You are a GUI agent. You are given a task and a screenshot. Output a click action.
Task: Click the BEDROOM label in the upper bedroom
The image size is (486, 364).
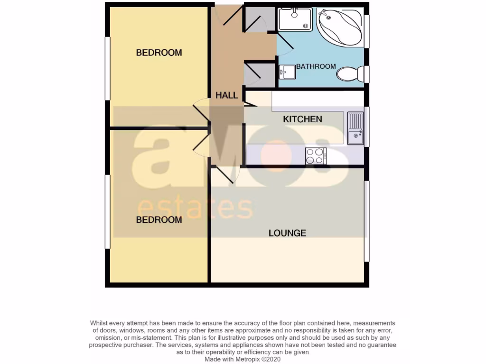(x=159, y=53)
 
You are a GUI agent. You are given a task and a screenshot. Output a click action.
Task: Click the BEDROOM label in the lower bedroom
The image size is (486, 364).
(x=159, y=220)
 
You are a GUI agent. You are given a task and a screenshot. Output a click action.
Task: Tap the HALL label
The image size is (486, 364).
(x=226, y=95)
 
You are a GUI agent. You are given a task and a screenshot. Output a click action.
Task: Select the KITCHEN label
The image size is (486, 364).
(x=302, y=119)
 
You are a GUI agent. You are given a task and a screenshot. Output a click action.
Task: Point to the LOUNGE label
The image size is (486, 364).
(x=287, y=233)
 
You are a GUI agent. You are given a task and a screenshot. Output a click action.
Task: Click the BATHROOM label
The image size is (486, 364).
(x=316, y=66)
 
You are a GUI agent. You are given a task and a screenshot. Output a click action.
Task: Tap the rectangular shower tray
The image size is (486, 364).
(x=295, y=19)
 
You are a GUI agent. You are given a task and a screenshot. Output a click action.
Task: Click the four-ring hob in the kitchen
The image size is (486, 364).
(x=316, y=155)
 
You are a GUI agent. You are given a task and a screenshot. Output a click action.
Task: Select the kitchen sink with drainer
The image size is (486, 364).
(x=355, y=128)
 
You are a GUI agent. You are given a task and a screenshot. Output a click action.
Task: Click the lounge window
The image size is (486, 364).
(x=366, y=221)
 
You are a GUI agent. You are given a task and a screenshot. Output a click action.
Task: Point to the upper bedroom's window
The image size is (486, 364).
(x=108, y=68)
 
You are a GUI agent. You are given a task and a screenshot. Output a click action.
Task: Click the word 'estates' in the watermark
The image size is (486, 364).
(x=195, y=208)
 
